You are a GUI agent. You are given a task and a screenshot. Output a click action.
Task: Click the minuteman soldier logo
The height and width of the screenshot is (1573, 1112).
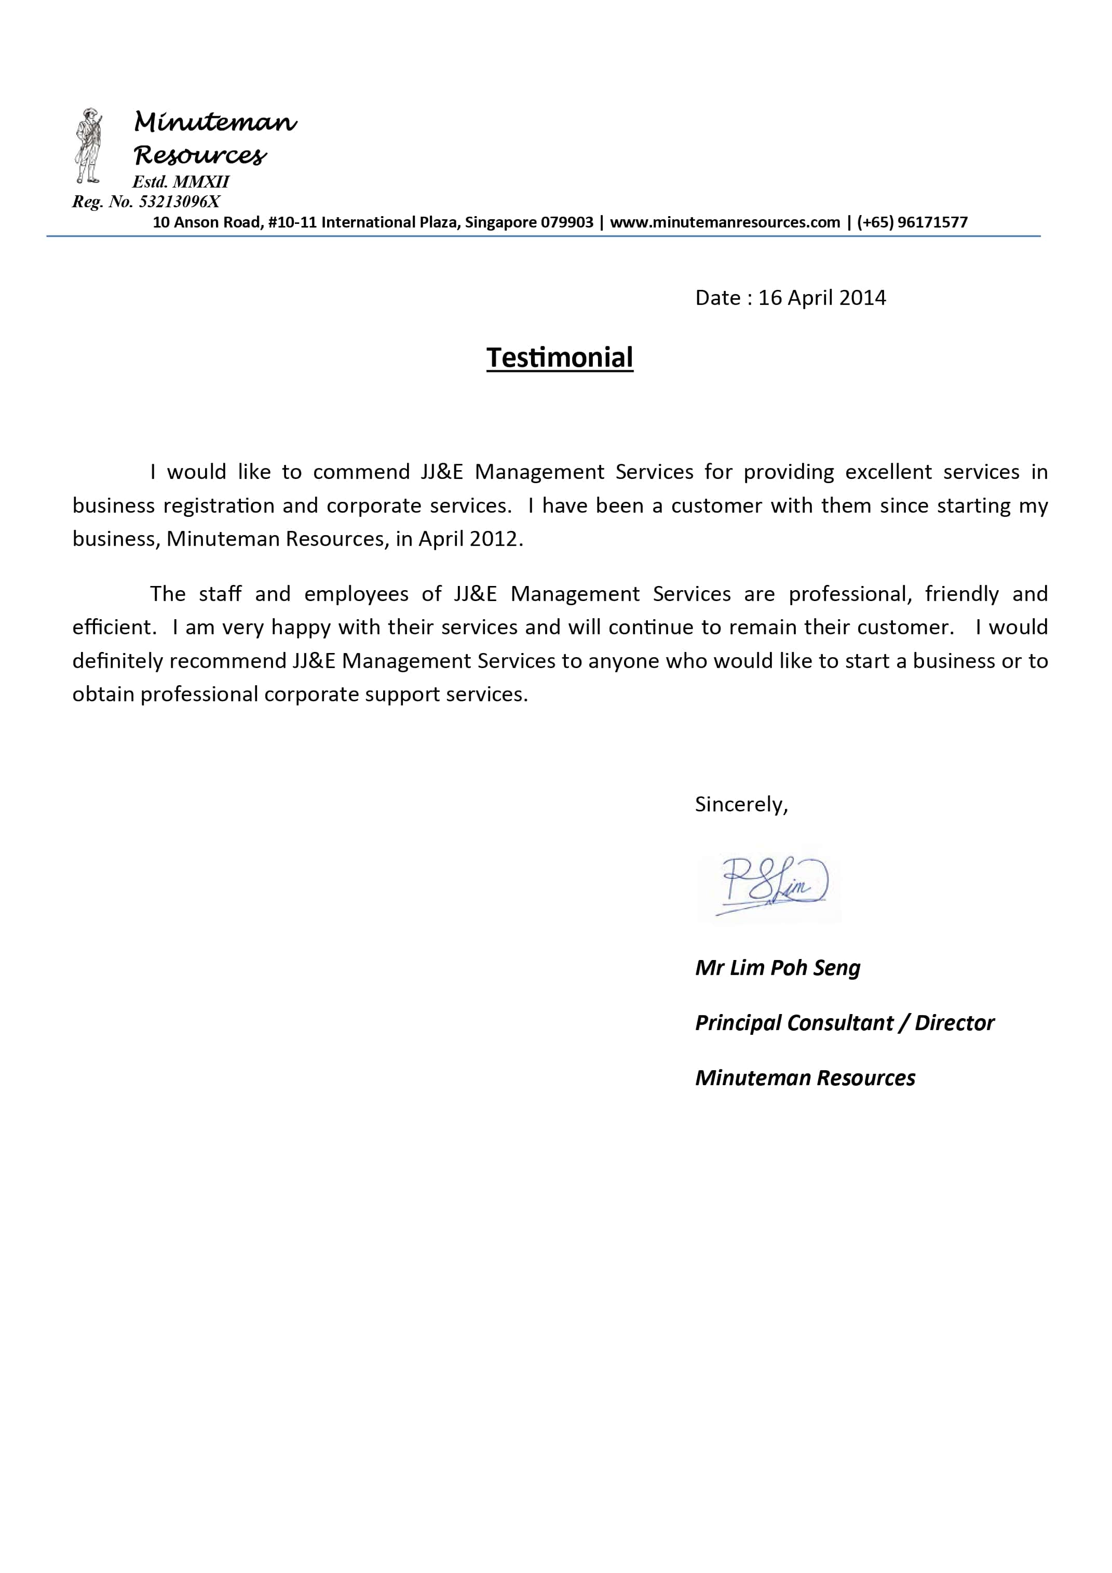88,145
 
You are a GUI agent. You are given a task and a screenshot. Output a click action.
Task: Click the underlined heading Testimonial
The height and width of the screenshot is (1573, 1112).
560,357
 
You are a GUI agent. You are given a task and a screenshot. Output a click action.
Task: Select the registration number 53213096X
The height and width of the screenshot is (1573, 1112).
180,202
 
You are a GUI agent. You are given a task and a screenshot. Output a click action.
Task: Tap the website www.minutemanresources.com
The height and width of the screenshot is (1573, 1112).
724,222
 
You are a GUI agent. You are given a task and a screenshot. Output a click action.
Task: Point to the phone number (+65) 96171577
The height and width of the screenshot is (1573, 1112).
912,222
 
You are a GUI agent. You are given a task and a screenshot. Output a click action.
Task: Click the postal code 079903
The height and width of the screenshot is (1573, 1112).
567,222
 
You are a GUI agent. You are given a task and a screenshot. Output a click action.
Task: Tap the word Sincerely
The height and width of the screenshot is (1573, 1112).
739,804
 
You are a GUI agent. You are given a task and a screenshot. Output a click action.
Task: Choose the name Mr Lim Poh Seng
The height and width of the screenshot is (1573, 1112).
777,967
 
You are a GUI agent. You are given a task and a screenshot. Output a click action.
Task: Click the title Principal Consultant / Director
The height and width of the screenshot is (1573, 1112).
844,1022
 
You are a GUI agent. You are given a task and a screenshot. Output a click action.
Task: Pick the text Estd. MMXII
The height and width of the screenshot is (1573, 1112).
181,181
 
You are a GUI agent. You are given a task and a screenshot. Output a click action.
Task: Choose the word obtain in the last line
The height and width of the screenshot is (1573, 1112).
103,694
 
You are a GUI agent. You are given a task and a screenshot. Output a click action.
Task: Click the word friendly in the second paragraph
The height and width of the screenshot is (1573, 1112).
961,594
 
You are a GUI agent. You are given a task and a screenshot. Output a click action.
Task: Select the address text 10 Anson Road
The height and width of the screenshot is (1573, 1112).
206,222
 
